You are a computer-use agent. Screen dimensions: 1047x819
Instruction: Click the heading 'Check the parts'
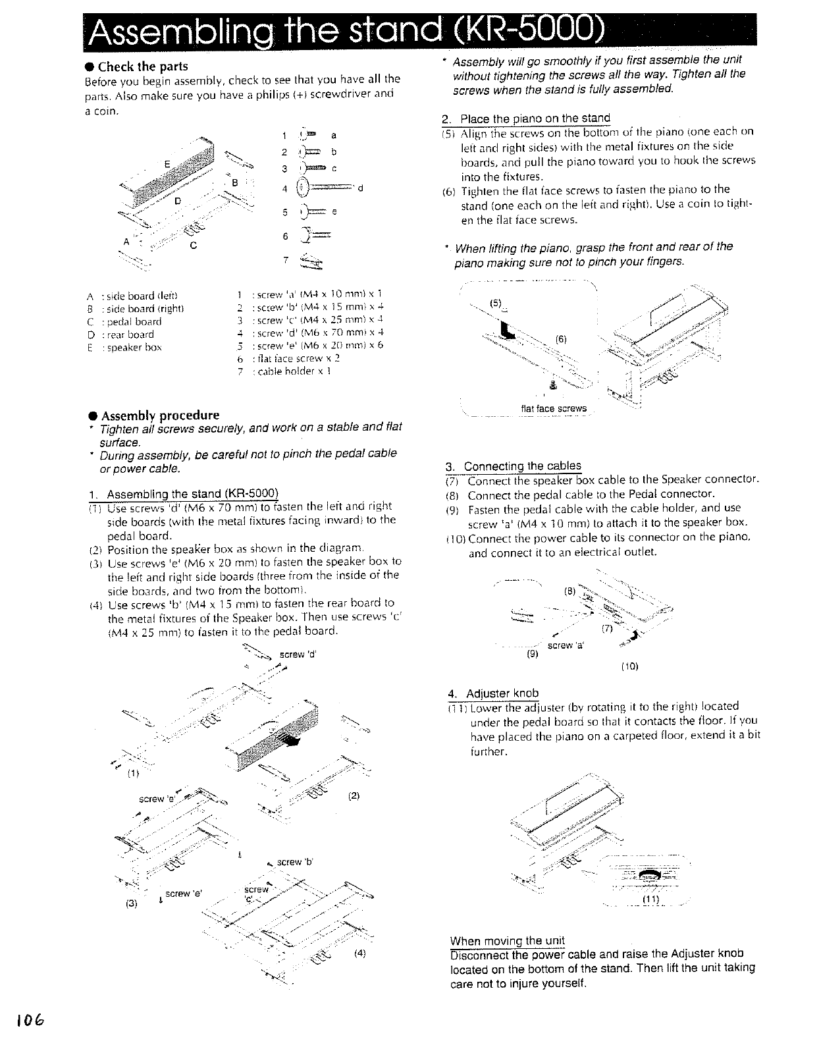point(142,67)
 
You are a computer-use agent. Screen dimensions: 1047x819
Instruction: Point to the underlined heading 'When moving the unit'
point(507,940)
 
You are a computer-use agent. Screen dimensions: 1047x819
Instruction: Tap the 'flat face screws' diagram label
point(553,408)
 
